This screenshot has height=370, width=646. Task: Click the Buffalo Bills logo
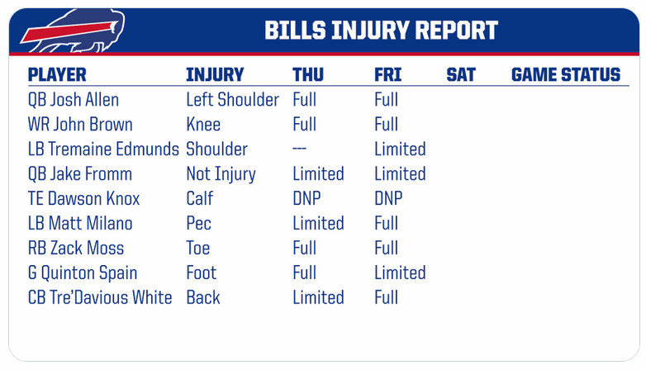(73, 31)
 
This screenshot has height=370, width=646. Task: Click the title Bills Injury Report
(381, 31)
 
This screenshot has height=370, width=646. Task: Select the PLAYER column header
(57, 75)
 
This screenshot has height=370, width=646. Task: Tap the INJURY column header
(215, 75)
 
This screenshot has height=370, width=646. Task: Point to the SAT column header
(461, 75)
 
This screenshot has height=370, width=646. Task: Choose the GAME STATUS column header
(566, 75)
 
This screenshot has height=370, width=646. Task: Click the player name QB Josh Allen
(74, 100)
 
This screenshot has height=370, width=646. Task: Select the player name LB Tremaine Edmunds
(103, 149)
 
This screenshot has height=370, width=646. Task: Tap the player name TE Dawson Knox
(83, 198)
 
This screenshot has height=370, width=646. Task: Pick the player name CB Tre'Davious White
(100, 297)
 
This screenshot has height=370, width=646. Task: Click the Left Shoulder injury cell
(233, 100)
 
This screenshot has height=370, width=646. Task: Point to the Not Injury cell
(221, 174)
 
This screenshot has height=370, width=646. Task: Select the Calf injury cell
(200, 198)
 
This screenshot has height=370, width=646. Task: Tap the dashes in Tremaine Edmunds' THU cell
(300, 149)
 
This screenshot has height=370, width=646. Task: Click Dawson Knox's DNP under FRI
(388, 198)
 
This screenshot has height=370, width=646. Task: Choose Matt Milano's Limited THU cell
(319, 223)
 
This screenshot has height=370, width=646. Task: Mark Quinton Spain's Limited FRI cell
(400, 273)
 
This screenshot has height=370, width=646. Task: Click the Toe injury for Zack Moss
(198, 248)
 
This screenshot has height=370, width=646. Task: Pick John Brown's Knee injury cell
(203, 125)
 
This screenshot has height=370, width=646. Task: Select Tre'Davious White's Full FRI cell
(387, 297)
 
